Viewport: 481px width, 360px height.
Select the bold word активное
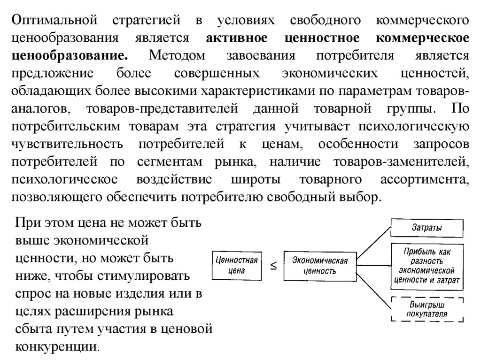point(234,38)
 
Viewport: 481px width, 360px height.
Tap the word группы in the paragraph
point(409,108)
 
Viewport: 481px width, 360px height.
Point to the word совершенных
point(217,73)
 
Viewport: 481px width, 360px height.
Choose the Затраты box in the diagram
point(427,229)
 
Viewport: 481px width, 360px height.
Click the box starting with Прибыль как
point(427,266)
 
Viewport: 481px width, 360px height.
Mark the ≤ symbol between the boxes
point(272,266)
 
